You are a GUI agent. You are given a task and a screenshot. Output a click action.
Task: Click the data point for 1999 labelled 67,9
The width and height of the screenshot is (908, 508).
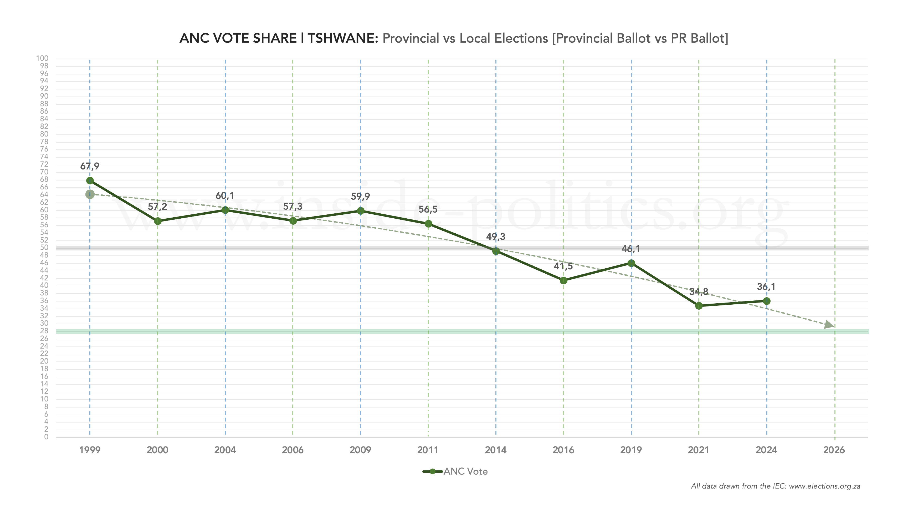[90, 181]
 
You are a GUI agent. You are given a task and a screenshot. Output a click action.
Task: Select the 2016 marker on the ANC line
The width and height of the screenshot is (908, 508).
[563, 280]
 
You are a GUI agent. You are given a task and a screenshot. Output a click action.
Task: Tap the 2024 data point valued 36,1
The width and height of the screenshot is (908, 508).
[766, 301]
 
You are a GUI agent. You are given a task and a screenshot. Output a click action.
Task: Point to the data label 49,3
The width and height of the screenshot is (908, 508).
[496, 237]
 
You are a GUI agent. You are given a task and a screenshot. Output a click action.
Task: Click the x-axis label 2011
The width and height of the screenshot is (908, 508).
[428, 450]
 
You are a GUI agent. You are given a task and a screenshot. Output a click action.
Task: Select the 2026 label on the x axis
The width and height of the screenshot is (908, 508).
[834, 450]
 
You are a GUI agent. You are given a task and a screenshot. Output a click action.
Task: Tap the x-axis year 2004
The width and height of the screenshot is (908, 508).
[225, 450]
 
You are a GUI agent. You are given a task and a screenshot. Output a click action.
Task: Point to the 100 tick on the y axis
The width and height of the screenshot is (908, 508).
[42, 58]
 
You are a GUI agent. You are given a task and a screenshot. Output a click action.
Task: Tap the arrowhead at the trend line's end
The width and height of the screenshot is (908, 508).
[829, 325]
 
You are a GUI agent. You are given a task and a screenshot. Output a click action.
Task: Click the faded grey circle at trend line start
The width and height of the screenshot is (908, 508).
[90, 194]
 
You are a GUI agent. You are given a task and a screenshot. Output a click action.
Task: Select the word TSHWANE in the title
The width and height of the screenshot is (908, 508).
[342, 38]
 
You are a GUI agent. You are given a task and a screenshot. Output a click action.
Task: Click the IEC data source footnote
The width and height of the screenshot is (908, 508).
[776, 486]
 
